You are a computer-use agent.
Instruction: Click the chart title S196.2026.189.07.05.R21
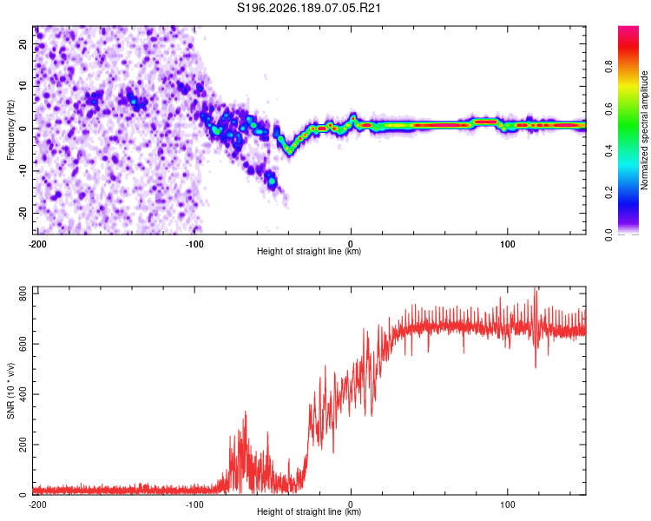tap(308, 8)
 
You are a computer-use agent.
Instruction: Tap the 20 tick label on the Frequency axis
tap(23, 43)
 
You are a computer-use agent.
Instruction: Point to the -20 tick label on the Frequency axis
tap(23, 213)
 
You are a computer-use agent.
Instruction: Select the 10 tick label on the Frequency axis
tap(23, 86)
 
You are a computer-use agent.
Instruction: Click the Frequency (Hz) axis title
tap(10, 130)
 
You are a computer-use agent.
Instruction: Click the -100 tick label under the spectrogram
tap(194, 244)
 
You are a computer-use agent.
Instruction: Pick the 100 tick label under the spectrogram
tap(508, 244)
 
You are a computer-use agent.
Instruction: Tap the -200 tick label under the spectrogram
tap(37, 244)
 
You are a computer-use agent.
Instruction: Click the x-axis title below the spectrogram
tap(309, 251)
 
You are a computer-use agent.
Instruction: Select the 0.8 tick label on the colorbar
tap(608, 67)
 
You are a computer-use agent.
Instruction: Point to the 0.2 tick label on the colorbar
tap(608, 193)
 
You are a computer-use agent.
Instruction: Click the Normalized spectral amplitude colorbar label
tap(644, 130)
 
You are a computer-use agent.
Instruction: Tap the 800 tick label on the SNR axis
tap(23, 294)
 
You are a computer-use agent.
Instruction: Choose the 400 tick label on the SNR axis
tap(23, 394)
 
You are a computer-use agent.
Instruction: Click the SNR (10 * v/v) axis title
tap(10, 391)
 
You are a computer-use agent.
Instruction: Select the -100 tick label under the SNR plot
tap(194, 505)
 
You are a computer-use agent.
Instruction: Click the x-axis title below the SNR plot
tap(309, 511)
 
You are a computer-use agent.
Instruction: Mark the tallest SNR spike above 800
tap(536, 288)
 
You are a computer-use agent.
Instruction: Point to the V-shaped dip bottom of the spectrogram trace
tap(289, 153)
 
